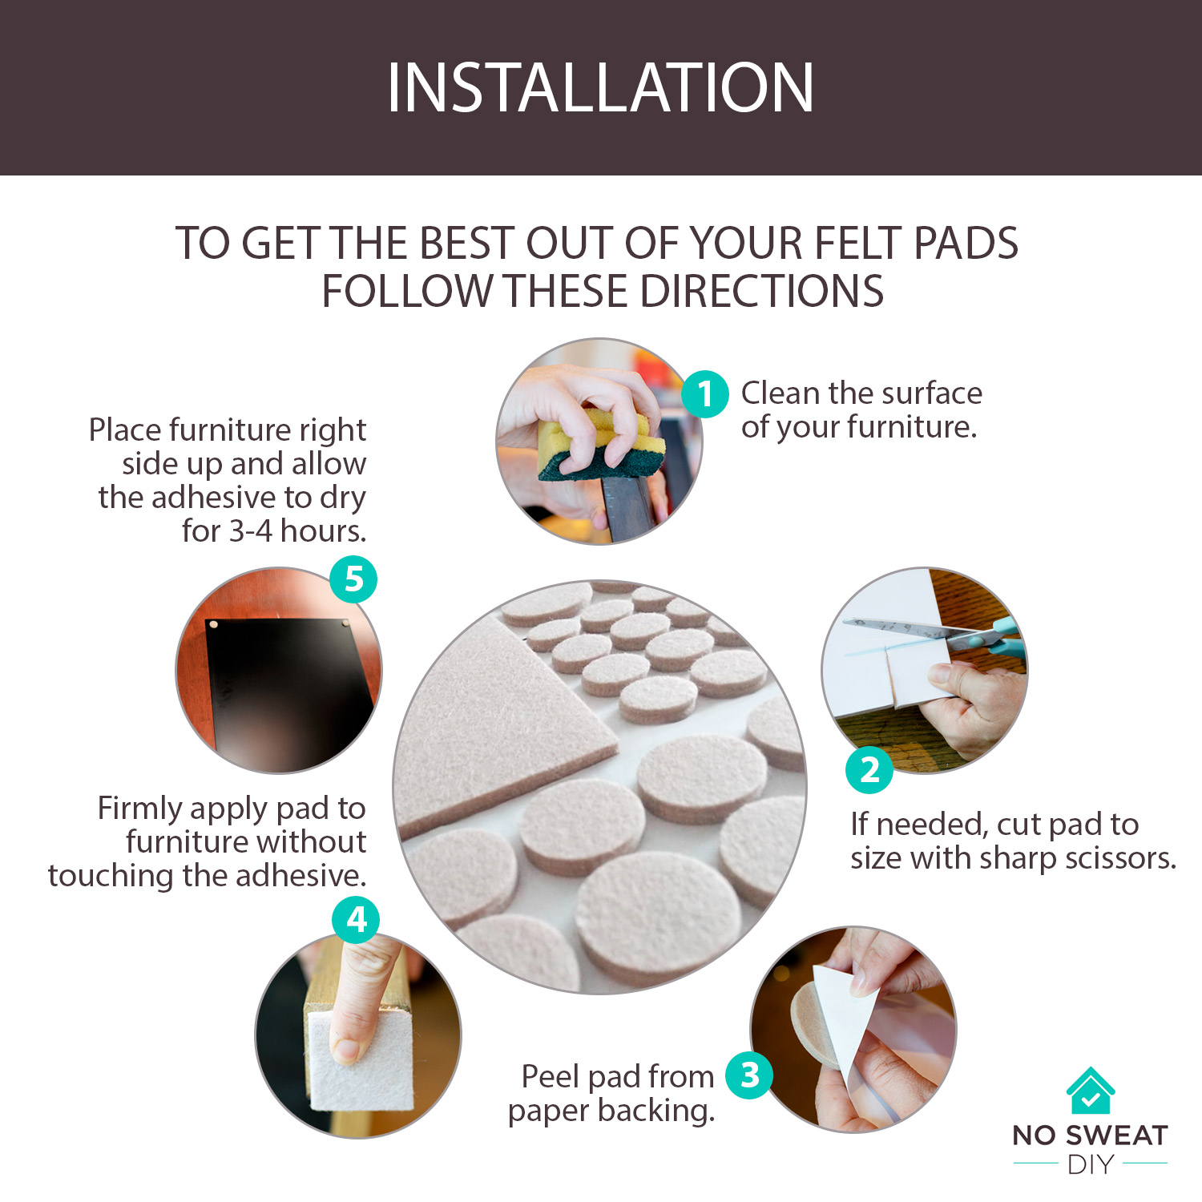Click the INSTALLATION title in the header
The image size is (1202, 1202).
600,87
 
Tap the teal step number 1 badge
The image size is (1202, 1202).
705,394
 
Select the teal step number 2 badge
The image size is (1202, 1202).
869,770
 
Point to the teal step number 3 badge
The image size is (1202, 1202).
749,1075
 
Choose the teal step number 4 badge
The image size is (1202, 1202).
357,920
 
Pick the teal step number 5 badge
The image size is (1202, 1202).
354,579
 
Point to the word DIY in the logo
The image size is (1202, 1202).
1091,1164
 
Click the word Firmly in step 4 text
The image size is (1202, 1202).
140,809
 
